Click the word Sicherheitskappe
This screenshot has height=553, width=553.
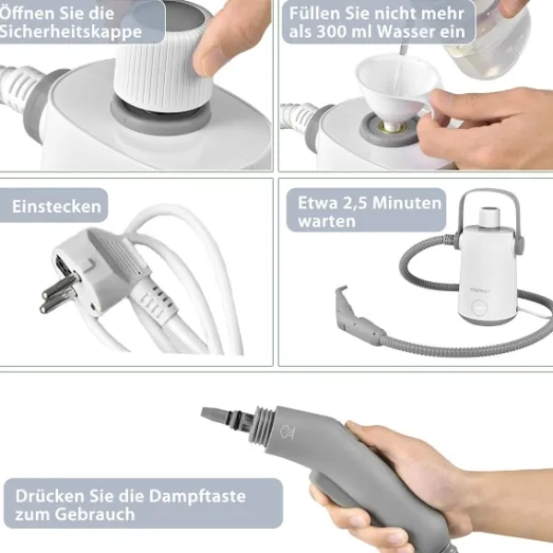pyautogui.click(x=70, y=31)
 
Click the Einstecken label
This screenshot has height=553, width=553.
pyautogui.click(x=56, y=206)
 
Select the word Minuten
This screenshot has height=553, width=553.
pyautogui.click(x=406, y=203)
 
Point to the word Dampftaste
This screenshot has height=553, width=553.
pyautogui.click(x=197, y=496)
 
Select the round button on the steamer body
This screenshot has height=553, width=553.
pyautogui.click(x=479, y=308)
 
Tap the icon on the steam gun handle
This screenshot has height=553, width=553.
pyautogui.click(x=287, y=431)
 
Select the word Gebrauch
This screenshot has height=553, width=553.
pyautogui.click(x=95, y=514)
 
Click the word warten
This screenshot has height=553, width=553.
pyautogui.click(x=326, y=221)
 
